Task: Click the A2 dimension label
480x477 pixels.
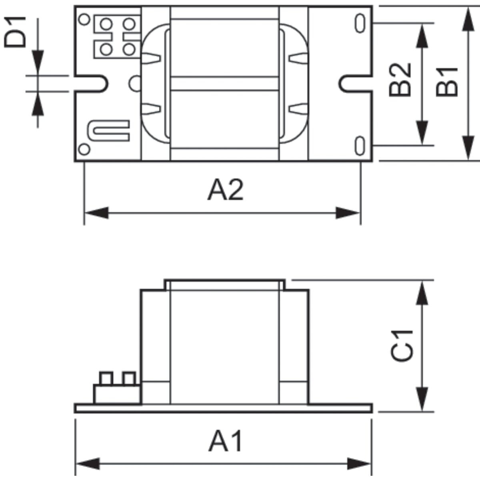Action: pos(226,189)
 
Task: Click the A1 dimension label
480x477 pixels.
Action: pos(226,440)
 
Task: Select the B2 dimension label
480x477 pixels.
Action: pos(400,80)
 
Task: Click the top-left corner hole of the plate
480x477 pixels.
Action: pos(84,19)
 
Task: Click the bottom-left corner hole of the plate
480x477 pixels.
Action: pos(84,149)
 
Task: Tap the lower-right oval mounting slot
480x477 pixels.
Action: pos(360,146)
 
